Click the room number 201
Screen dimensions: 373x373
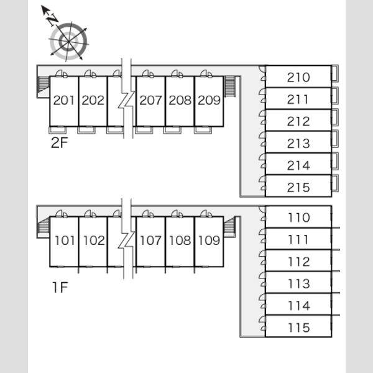64,100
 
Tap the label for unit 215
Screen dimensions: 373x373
298,188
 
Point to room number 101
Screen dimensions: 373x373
65,240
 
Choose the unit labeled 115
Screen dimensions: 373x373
299,328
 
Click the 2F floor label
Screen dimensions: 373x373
60,143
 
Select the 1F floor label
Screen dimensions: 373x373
60,287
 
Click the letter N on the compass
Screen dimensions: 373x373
53,20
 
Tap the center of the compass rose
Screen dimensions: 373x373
69,42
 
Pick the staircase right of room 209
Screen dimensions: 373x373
229,86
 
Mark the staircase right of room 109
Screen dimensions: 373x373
229,226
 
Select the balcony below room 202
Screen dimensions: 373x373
86,130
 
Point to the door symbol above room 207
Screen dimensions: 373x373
148,74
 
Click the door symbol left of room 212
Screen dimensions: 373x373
262,117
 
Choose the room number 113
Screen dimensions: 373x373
299,283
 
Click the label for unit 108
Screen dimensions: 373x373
180,240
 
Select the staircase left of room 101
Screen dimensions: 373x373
44,226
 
